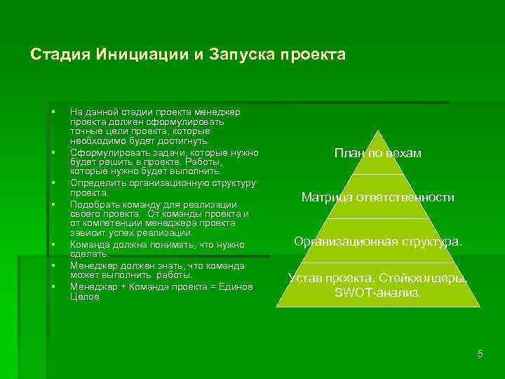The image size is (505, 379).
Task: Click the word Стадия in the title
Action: [x=56, y=55]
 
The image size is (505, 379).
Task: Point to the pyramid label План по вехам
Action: [x=377, y=153]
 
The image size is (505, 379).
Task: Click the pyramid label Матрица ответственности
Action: [x=377, y=197]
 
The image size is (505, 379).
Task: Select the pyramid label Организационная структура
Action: [x=377, y=241]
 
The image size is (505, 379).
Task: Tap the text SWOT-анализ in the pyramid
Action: [x=377, y=293]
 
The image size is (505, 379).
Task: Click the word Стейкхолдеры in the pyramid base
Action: [x=433, y=278]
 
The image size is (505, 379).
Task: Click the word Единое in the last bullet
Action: [x=238, y=286]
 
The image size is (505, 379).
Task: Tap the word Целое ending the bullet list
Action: [x=85, y=297]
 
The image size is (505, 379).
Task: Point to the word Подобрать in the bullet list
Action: [x=92, y=204]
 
